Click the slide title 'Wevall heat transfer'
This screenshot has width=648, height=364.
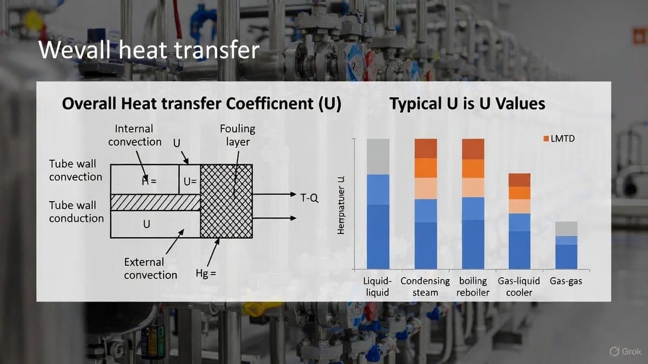149,51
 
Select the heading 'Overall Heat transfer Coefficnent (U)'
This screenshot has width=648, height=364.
201,104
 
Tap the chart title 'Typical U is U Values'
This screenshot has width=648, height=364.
467,104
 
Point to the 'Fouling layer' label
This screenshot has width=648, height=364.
237,135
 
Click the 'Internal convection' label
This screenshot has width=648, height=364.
134,135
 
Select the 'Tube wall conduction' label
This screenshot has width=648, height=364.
76,211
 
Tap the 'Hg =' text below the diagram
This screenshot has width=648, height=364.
206,273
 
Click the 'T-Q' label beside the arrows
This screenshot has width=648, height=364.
309,198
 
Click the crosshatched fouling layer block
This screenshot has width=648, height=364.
226,201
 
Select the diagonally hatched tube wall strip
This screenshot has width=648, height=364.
155,202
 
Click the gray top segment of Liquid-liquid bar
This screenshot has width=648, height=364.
378,156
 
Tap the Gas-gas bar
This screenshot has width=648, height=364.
566,245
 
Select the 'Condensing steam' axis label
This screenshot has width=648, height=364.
425,286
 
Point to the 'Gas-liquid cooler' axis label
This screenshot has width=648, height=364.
519,286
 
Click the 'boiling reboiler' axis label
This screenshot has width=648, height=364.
473,286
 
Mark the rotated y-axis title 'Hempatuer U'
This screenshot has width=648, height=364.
341,205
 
